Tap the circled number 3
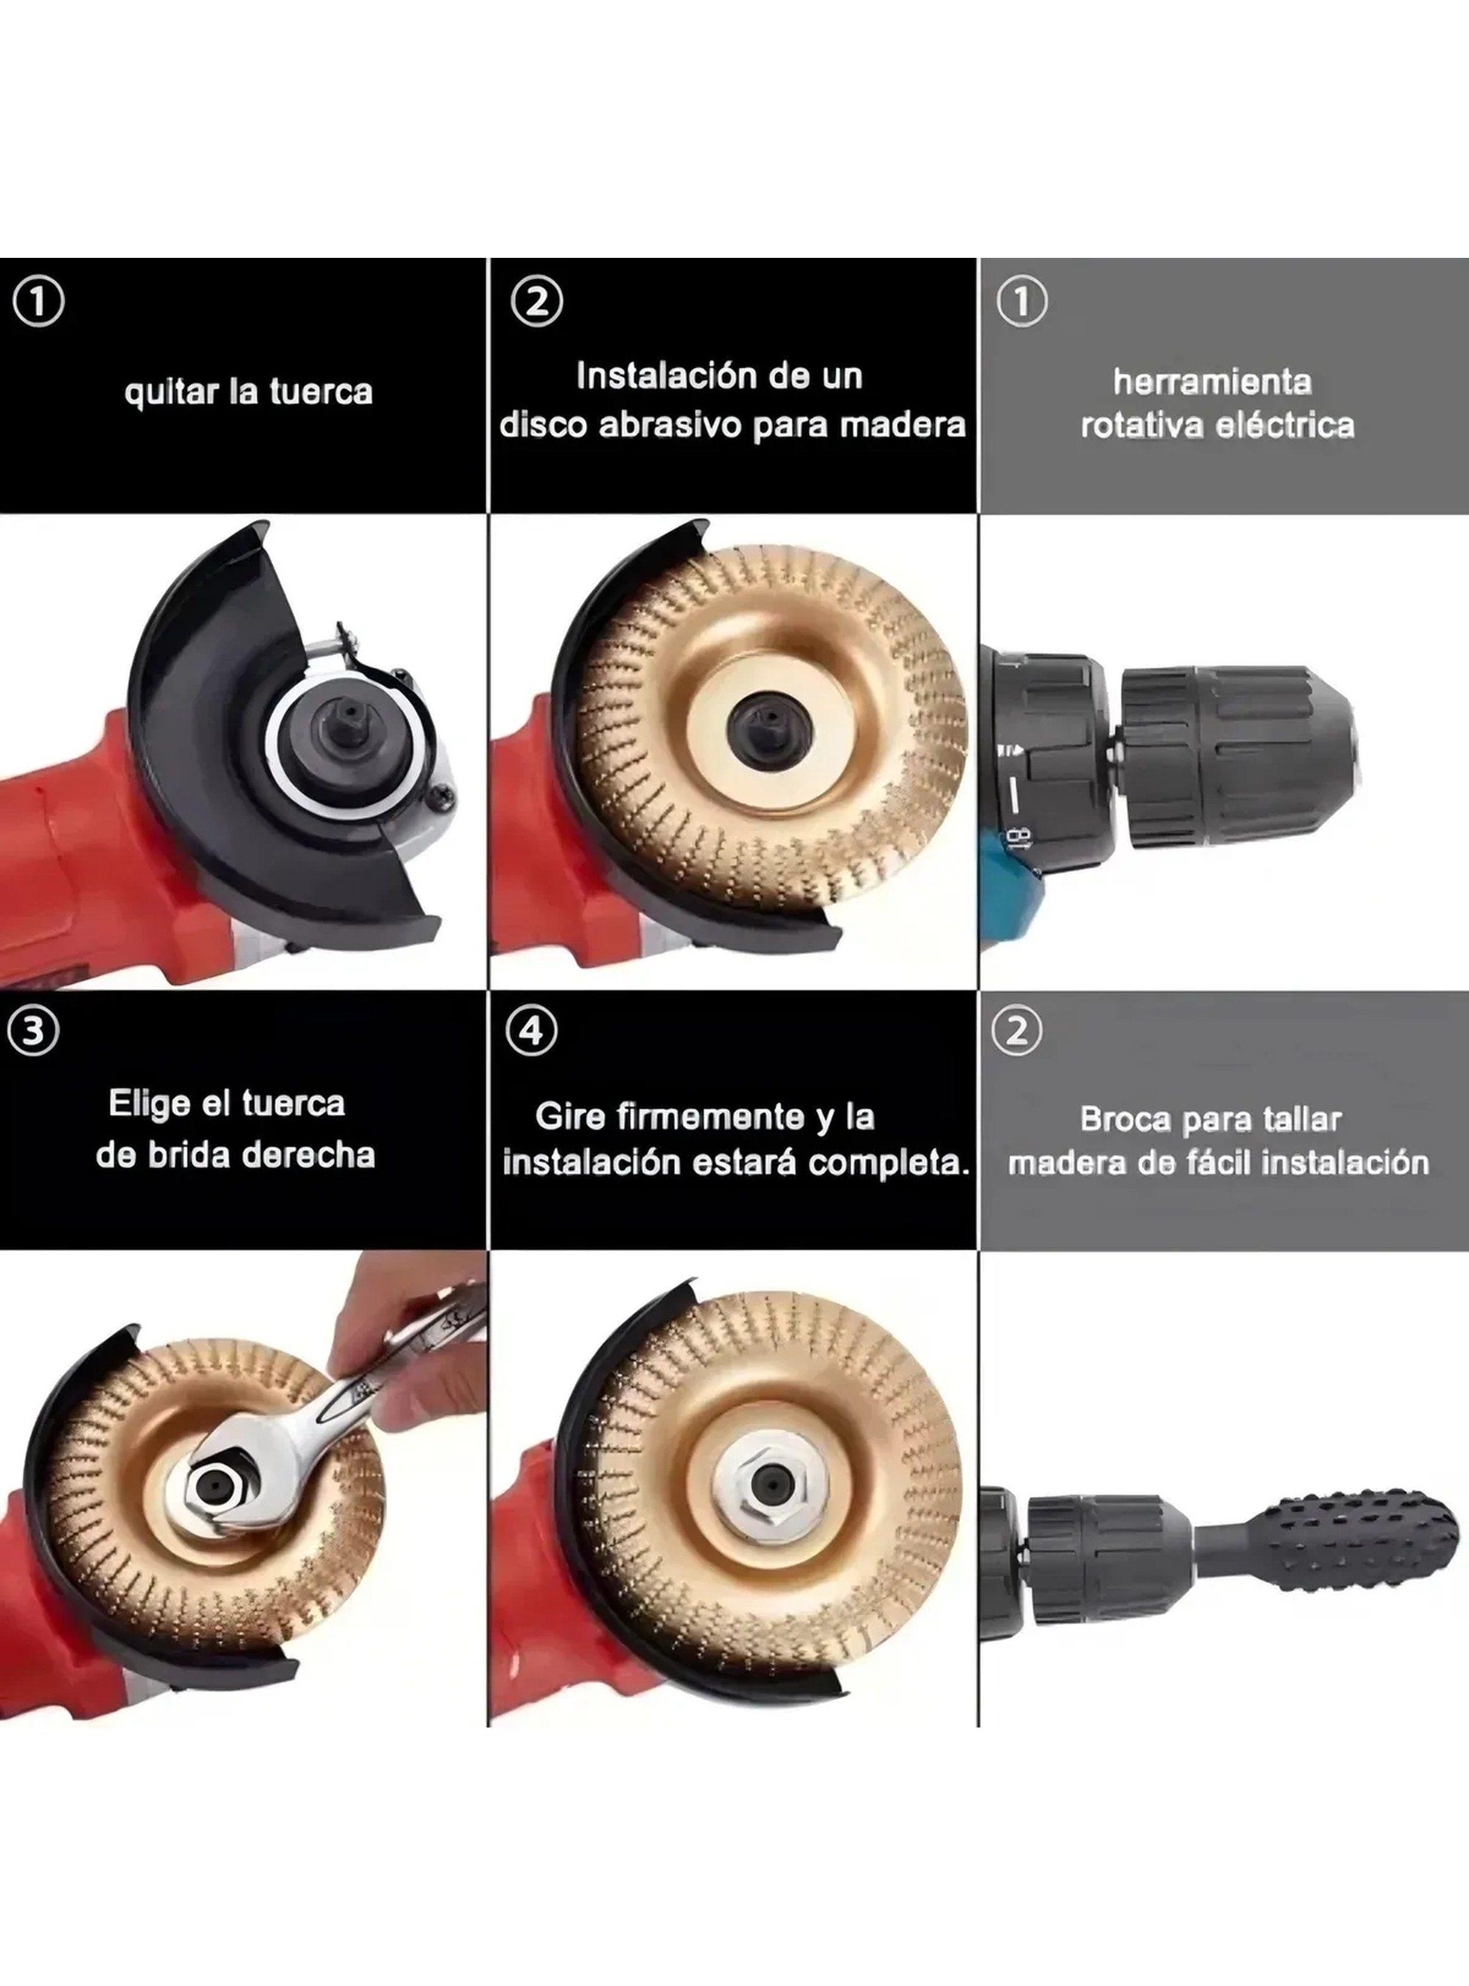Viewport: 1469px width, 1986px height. pyautogui.click(x=34, y=1031)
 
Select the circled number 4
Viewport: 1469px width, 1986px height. pyautogui.click(x=532, y=1031)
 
